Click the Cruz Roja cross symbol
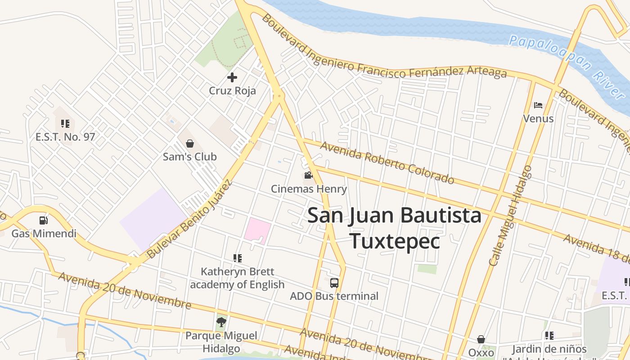[x=232, y=77]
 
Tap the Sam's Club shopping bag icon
[x=190, y=144]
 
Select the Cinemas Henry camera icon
[x=308, y=175]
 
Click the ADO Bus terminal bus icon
[x=334, y=283]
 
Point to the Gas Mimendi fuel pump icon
[x=44, y=220]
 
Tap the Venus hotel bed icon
[x=538, y=105]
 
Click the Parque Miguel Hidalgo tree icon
[x=221, y=322]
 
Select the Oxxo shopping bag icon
[x=481, y=339]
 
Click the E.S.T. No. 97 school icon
[x=65, y=123]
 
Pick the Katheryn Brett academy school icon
[x=238, y=258]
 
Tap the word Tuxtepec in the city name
[x=395, y=241]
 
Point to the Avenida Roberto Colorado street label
[x=387, y=163]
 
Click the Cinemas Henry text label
[x=309, y=189]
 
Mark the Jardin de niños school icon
[x=549, y=335]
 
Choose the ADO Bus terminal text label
[x=334, y=296]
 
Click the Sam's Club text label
[x=190, y=157]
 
